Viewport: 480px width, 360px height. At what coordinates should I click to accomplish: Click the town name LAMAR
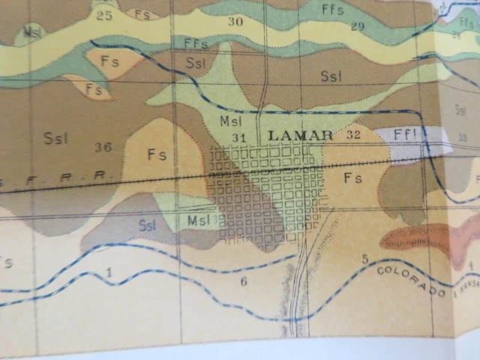pyautogui.click(x=300, y=135)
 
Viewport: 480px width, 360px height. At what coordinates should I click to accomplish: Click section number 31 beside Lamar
pyautogui.click(x=240, y=137)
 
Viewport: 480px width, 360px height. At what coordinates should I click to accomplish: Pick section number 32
pyautogui.click(x=355, y=135)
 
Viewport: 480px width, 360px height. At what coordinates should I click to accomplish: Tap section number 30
pyautogui.click(x=235, y=22)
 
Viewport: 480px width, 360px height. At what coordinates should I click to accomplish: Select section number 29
pyautogui.click(x=357, y=27)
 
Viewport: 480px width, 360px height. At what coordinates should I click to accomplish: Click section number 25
pyautogui.click(x=104, y=16)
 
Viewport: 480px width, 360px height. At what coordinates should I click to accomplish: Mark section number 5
pyautogui.click(x=364, y=259)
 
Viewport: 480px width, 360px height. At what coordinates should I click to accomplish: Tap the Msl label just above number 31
pyautogui.click(x=229, y=121)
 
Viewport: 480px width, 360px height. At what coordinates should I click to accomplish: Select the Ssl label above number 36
pyautogui.click(x=55, y=137)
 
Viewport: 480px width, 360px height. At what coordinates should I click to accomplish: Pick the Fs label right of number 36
pyautogui.click(x=157, y=155)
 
